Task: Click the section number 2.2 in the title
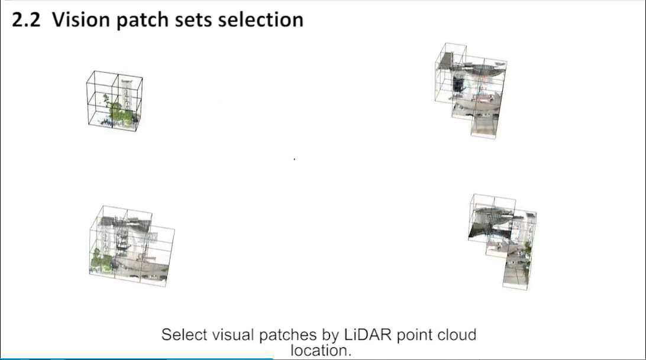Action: pyautogui.click(x=26, y=20)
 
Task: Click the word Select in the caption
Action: pyautogui.click(x=184, y=335)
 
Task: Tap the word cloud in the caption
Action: pyautogui.click(x=457, y=335)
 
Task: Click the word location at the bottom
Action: pyautogui.click(x=321, y=351)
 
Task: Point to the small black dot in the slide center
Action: pyautogui.click(x=294, y=159)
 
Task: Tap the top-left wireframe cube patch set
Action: pyautogui.click(x=114, y=101)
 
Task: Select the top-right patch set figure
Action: pyautogui.click(x=471, y=90)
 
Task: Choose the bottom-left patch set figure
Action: pyautogui.click(x=132, y=246)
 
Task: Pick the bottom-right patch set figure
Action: pyautogui.click(x=503, y=242)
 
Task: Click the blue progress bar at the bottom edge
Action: pyautogui.click(x=137, y=359)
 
